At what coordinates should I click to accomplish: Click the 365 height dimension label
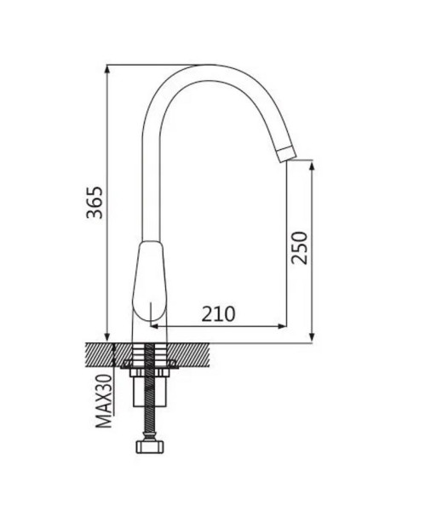[95, 203]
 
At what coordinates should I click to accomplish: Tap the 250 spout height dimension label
[299, 248]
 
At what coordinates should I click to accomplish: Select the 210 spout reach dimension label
[218, 314]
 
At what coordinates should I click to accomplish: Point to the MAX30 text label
[104, 401]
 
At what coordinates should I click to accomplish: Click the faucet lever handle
[149, 280]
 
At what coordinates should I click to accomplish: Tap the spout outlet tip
[287, 154]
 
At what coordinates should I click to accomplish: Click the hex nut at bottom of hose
[149, 446]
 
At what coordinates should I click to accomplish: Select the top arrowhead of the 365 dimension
[107, 70]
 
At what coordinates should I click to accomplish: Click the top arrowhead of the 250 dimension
[312, 165]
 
